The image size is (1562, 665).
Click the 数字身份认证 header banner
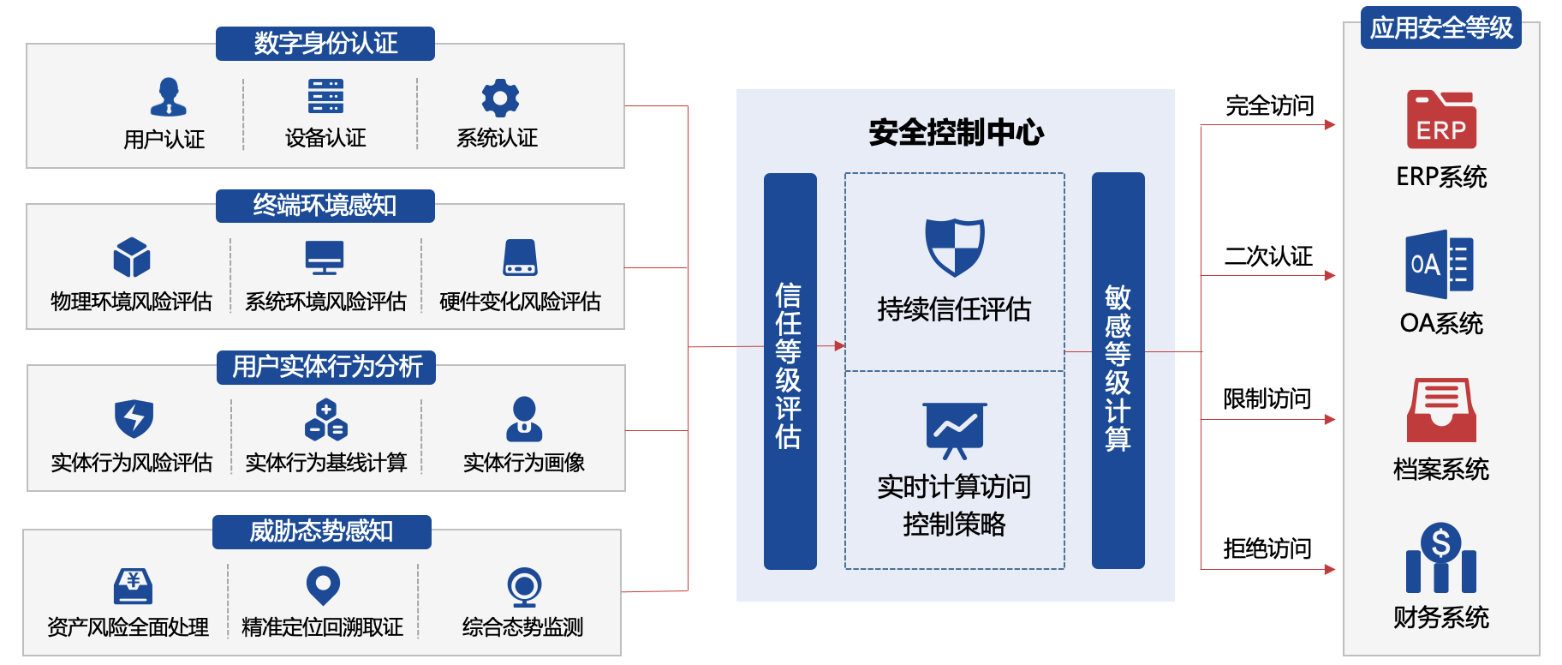(x=325, y=43)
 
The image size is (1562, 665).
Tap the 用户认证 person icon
(x=168, y=97)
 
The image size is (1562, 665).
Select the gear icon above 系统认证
(x=500, y=98)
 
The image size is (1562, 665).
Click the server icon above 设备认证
(x=325, y=96)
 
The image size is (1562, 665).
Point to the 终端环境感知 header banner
(x=325, y=206)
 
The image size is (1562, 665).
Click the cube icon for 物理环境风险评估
(x=131, y=257)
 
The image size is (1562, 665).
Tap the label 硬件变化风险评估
(x=520, y=302)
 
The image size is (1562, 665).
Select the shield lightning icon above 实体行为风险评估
(x=134, y=418)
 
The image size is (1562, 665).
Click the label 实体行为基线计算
(x=325, y=463)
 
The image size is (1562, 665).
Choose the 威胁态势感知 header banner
(x=321, y=531)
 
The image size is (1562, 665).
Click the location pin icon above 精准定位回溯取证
(x=323, y=585)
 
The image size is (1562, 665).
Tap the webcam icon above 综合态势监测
(x=523, y=588)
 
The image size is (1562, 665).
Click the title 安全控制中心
(x=956, y=133)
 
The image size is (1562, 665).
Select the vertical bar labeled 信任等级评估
(x=790, y=370)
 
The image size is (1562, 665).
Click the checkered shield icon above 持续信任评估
(x=955, y=247)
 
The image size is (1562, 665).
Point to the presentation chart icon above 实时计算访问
(x=955, y=429)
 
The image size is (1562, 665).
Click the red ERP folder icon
(x=1441, y=120)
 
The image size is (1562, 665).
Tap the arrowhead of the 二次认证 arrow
(x=1329, y=275)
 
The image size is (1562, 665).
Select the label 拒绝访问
(x=1267, y=548)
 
